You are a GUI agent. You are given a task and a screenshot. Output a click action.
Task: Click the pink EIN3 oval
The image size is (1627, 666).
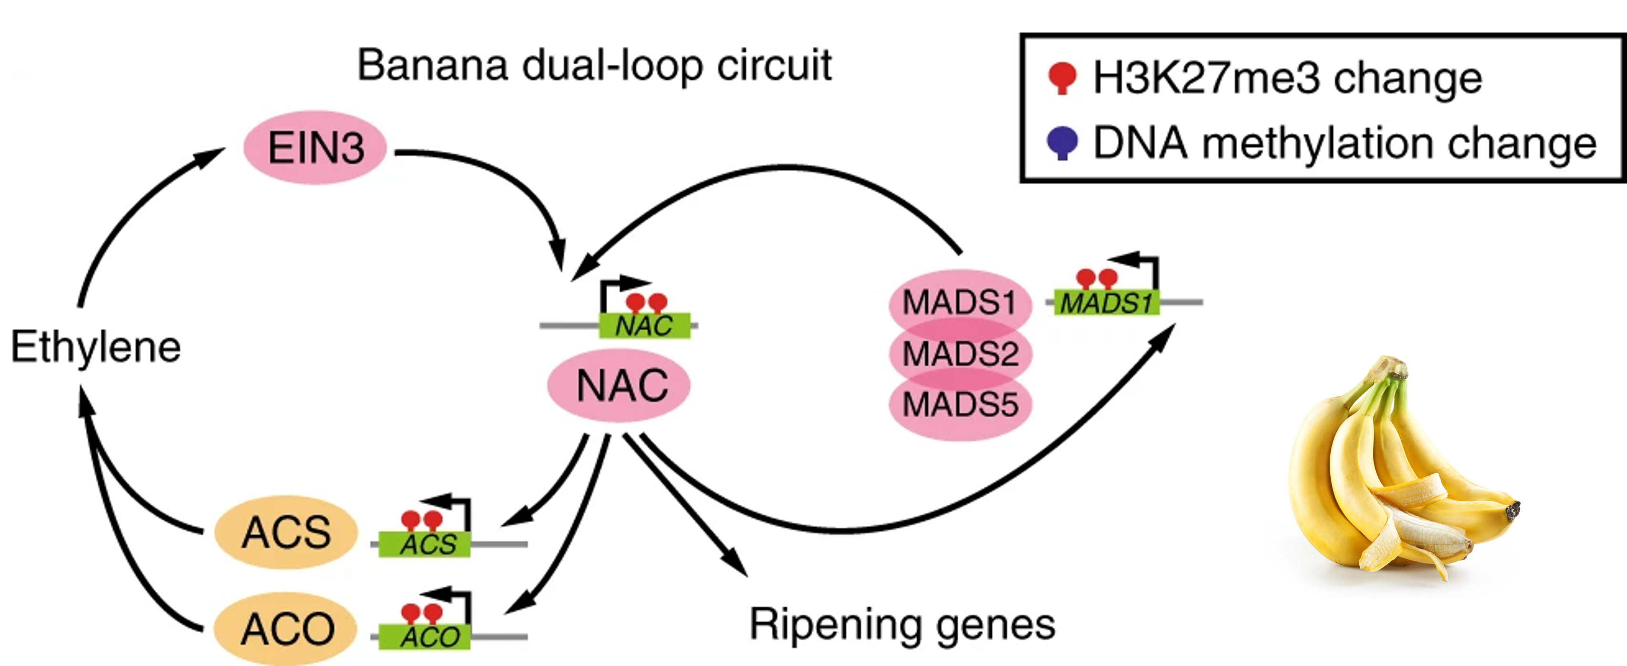315,147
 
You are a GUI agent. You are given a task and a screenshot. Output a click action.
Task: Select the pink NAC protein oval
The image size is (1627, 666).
619,385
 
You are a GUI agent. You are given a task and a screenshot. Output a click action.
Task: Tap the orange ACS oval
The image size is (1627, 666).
285,532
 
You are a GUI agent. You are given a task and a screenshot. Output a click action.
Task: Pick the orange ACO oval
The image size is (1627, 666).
285,629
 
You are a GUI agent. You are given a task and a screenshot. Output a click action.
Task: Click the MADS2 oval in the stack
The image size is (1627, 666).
960,353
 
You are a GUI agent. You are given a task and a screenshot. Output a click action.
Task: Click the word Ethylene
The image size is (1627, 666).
96,347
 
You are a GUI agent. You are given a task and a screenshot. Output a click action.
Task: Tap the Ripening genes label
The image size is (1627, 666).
902,624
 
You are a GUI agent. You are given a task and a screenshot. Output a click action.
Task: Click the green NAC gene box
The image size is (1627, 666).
644,326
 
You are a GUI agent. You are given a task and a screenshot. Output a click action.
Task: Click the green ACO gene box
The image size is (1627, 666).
424,637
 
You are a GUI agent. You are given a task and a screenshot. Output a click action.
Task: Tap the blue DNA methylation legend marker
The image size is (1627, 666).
1062,143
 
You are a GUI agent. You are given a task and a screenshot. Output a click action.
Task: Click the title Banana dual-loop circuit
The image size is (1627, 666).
594,64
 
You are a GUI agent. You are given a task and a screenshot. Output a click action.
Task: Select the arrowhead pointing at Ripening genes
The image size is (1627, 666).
736,564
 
